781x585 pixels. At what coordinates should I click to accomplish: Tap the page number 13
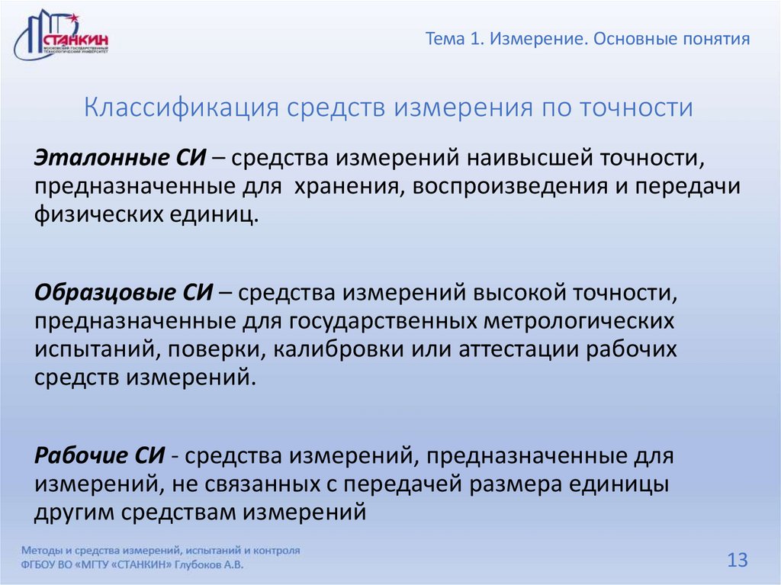click(737, 561)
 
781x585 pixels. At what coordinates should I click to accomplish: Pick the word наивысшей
click(525, 160)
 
